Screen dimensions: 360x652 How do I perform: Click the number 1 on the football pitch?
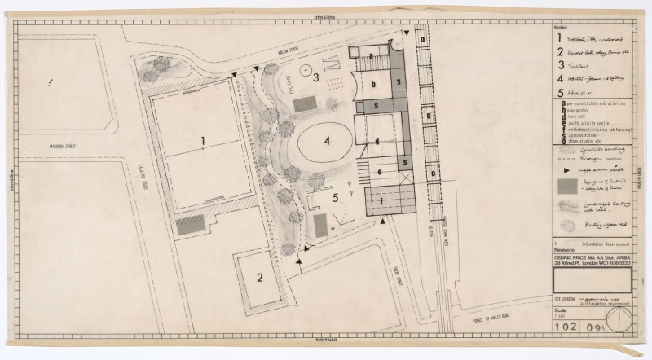point(200,141)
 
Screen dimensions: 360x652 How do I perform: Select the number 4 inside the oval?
point(327,141)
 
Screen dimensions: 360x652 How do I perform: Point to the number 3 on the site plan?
point(315,78)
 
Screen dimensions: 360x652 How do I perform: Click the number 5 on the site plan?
point(334,198)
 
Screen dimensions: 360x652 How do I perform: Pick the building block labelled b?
point(373,83)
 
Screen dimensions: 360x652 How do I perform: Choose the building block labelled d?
point(377,142)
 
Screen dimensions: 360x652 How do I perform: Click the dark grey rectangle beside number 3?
point(304,103)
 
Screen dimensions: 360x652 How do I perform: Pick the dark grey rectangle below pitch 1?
point(190,224)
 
